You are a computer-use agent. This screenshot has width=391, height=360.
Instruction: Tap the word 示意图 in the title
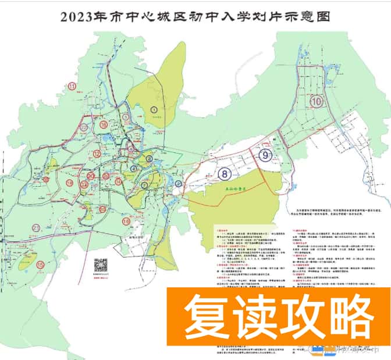(307, 16)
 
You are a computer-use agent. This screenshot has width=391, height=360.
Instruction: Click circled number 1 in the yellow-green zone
(154, 108)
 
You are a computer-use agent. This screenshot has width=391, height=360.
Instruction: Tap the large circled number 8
(224, 173)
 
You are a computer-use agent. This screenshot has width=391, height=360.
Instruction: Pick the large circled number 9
(265, 155)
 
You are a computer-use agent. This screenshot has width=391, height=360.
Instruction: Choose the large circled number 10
(316, 101)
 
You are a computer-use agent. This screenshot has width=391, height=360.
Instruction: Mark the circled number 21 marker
(36, 227)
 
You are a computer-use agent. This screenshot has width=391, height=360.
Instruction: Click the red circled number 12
(97, 154)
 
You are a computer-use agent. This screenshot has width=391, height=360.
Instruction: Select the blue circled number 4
(134, 169)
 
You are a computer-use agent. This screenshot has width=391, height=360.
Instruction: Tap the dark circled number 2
(179, 184)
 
